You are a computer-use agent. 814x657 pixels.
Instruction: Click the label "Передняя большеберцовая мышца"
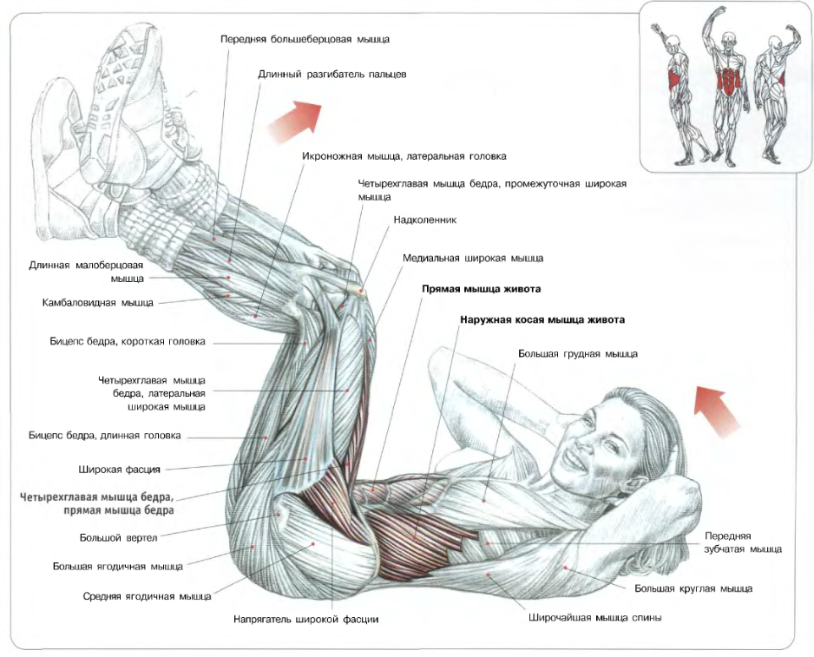point(305,39)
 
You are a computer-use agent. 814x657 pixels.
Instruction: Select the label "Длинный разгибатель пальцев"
point(332,75)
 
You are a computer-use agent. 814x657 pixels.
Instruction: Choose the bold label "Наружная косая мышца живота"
point(542,319)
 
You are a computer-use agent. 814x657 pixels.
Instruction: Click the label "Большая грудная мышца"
point(577,354)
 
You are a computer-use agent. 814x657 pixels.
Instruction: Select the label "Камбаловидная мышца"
point(98,303)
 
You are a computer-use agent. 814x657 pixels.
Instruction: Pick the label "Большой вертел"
point(118,538)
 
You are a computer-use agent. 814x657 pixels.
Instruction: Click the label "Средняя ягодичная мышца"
point(147,596)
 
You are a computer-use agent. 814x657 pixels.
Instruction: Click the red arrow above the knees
point(293,120)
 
